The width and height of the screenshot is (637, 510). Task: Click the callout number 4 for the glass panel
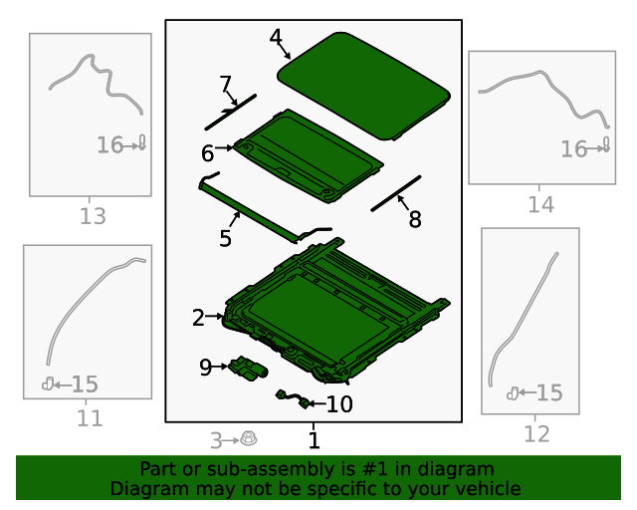[x=276, y=37]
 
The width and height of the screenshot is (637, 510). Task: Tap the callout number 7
[x=225, y=84]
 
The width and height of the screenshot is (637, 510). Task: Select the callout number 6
[x=207, y=153]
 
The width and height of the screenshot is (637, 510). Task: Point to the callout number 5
[x=225, y=238]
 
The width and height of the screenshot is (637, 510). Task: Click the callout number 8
[x=415, y=219]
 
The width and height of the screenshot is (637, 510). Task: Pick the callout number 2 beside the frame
[x=198, y=318]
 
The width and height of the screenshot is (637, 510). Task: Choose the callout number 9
[x=206, y=368]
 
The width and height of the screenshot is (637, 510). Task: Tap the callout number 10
[x=339, y=404]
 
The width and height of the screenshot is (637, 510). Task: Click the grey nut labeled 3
[x=249, y=439]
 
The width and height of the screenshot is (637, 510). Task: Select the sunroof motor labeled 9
[x=248, y=369]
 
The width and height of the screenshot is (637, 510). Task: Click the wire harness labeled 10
[x=292, y=398]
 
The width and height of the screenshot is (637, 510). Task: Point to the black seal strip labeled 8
[x=396, y=193]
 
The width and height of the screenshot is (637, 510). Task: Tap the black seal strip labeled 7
[x=231, y=113]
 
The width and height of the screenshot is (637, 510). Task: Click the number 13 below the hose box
[x=93, y=216]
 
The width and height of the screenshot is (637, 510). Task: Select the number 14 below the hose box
[x=540, y=204]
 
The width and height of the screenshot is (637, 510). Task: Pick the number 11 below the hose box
[x=90, y=418]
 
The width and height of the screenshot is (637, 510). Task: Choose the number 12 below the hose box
[x=536, y=434]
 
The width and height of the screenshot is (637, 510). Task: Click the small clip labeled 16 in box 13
[x=142, y=142]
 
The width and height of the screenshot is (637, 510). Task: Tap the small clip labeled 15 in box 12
[x=513, y=393]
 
